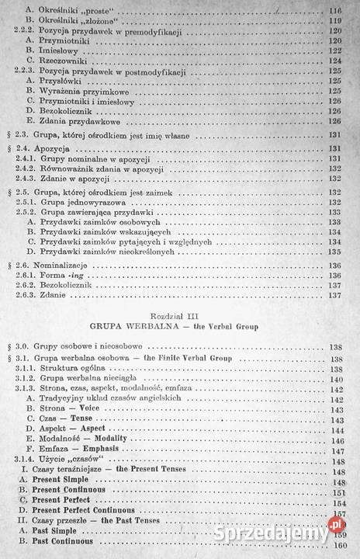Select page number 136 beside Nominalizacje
pos(336,263)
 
